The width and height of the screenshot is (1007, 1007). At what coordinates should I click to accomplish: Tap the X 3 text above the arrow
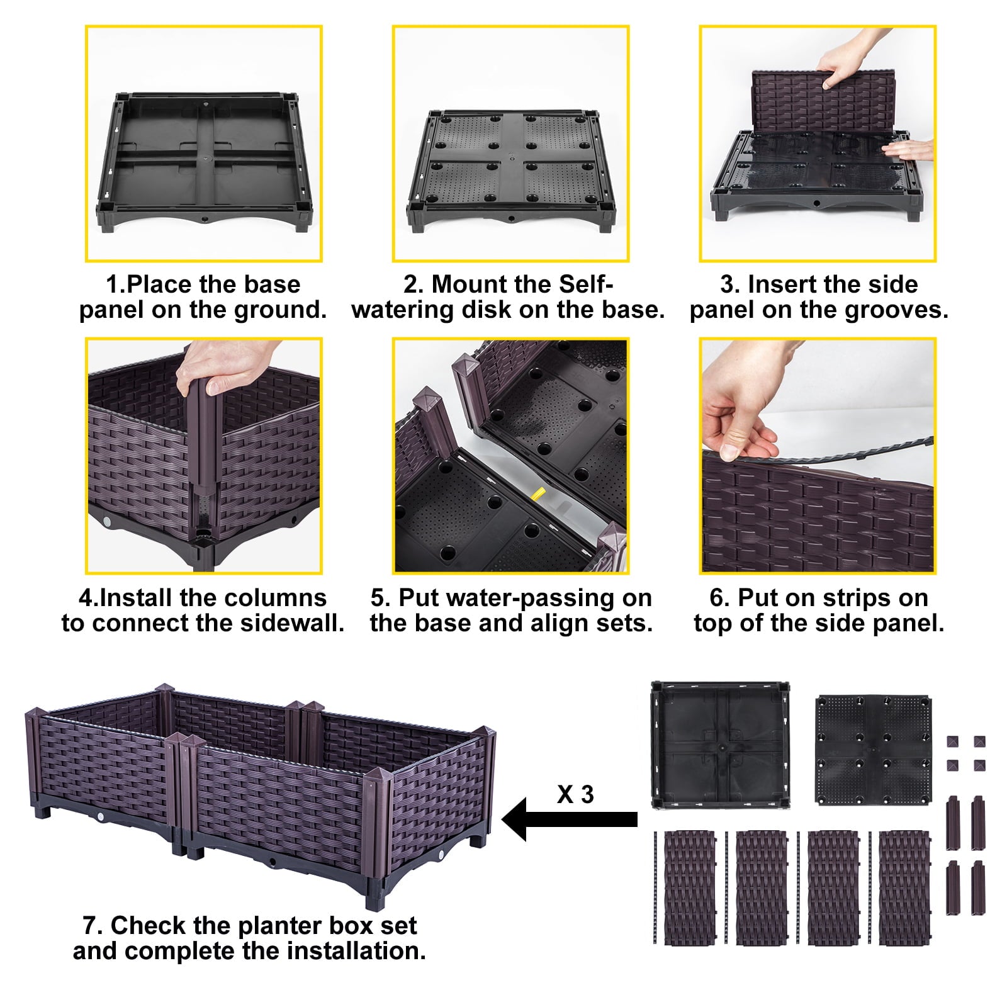(x=575, y=794)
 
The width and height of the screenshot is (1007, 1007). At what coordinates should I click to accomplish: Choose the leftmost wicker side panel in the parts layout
(x=690, y=887)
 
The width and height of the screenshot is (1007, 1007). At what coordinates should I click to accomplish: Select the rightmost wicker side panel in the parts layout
(x=904, y=887)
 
